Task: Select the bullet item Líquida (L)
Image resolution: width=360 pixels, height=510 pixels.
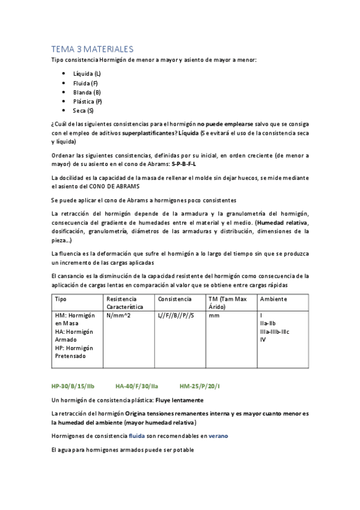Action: pyautogui.click(x=87, y=73)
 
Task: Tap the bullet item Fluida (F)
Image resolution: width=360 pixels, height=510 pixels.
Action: pyautogui.click(x=85, y=83)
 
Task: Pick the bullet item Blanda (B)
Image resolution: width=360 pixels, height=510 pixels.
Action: pyautogui.click(x=87, y=92)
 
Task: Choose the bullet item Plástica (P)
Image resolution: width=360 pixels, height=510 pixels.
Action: pyautogui.click(x=88, y=102)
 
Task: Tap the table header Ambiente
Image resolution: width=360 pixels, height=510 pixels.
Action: pyautogui.click(x=273, y=299)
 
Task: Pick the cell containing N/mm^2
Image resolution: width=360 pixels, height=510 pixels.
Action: pyautogui.click(x=118, y=315)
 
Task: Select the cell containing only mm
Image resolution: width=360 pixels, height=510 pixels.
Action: pyautogui.click(x=213, y=315)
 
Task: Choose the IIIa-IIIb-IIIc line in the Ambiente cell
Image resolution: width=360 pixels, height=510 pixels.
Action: pyautogui.click(x=275, y=331)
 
